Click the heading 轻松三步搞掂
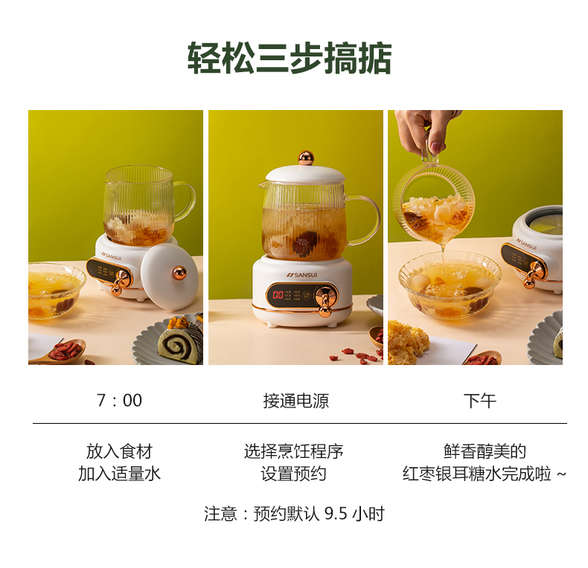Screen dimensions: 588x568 pyautogui.click(x=290, y=58)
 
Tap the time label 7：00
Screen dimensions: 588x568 pyautogui.click(x=119, y=400)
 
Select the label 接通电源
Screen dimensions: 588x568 pyautogui.click(x=296, y=401)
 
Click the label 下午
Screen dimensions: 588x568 pyautogui.click(x=479, y=401)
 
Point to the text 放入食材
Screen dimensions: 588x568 pyautogui.click(x=119, y=451)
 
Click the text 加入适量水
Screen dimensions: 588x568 pyautogui.click(x=119, y=474)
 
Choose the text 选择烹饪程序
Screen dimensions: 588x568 pyautogui.click(x=293, y=451)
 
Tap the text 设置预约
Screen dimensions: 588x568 pyautogui.click(x=293, y=474)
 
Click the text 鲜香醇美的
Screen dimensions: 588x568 pyautogui.click(x=485, y=451)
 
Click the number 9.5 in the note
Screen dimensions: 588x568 pyautogui.click(x=336, y=513)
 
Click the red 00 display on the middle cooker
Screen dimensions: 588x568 pyautogui.click(x=278, y=294)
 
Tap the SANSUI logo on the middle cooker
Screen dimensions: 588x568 pyautogui.click(x=302, y=275)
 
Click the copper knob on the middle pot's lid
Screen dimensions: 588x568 pyautogui.click(x=306, y=158)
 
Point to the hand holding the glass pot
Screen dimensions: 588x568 pyautogui.click(x=426, y=130)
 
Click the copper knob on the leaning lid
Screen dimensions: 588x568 pyautogui.click(x=179, y=273)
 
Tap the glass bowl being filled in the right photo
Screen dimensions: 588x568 pyautogui.click(x=450, y=285)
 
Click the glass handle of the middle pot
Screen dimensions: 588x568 pyautogui.click(x=365, y=219)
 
